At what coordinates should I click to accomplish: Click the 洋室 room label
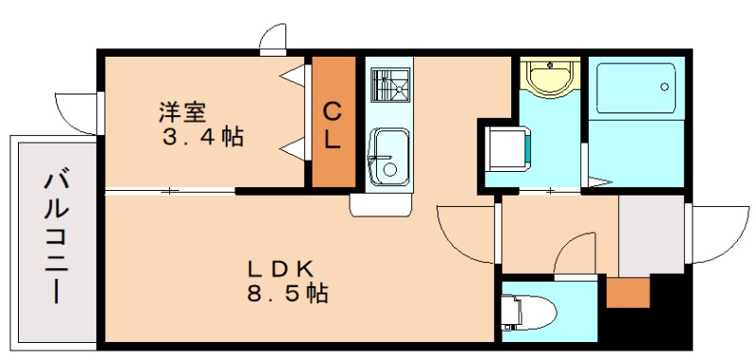click(182, 111)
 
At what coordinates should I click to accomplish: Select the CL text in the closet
click(334, 126)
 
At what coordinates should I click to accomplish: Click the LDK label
click(274, 267)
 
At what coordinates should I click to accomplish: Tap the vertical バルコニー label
click(55, 235)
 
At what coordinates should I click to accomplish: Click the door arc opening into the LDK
click(465, 232)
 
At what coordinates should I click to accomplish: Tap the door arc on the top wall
click(275, 36)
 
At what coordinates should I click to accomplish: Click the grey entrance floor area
click(652, 236)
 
